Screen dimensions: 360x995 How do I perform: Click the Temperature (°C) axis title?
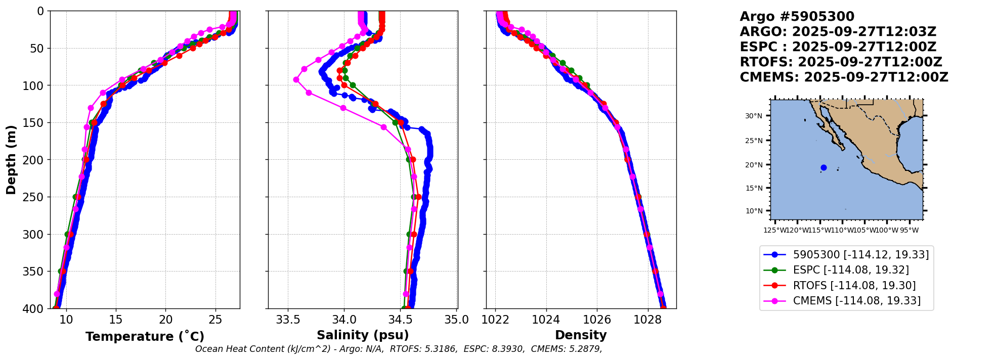click(145, 336)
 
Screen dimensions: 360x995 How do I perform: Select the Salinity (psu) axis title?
click(363, 335)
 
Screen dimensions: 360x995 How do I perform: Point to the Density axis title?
click(581, 335)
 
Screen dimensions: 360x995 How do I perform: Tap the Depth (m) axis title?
click(11, 159)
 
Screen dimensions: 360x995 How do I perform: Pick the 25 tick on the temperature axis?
click(215, 320)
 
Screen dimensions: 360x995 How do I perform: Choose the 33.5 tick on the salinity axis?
click(288, 320)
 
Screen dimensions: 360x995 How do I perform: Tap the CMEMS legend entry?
click(856, 301)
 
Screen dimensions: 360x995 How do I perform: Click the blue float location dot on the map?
click(824, 167)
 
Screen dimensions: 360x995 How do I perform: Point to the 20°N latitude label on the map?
click(753, 165)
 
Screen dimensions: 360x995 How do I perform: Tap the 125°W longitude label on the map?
click(774, 231)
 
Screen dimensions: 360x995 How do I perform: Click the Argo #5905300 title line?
click(797, 17)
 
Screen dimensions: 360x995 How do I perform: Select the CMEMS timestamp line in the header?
click(844, 77)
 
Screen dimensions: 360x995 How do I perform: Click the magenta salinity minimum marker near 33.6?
click(296, 80)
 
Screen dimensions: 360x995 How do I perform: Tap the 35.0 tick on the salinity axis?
click(457, 320)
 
